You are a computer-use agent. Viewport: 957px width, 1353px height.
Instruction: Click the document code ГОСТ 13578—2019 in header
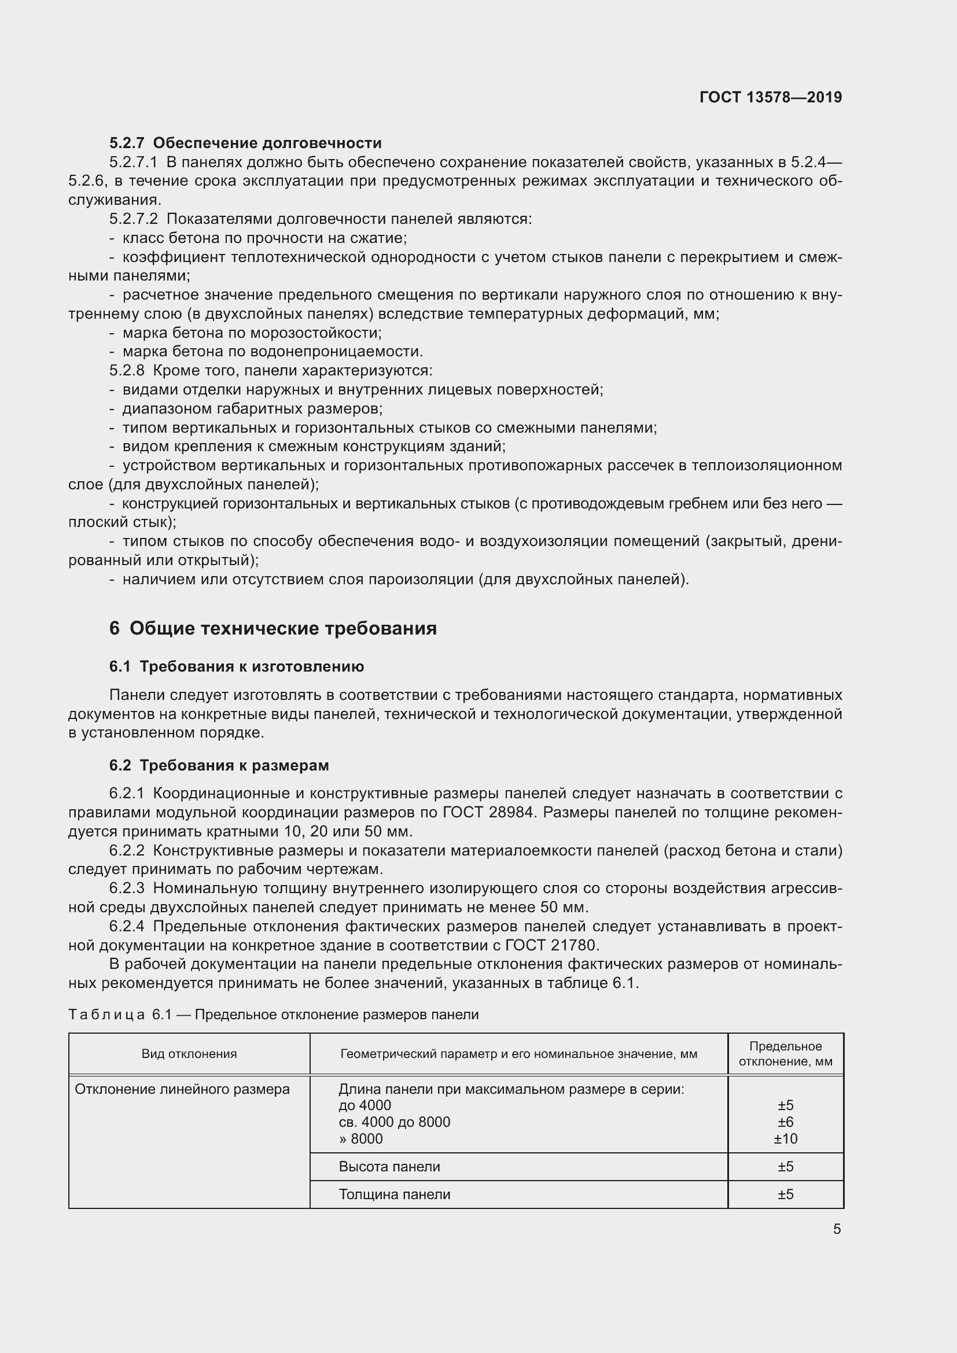tap(770, 97)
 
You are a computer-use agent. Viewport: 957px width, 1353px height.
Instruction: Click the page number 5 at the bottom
tap(837, 1229)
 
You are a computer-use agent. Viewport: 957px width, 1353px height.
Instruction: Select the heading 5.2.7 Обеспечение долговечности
tap(245, 143)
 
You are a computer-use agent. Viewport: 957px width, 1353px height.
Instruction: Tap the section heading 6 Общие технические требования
tap(273, 629)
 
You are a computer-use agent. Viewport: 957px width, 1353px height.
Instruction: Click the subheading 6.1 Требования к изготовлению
tap(236, 666)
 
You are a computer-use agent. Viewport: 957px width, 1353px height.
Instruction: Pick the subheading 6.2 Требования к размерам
tap(219, 765)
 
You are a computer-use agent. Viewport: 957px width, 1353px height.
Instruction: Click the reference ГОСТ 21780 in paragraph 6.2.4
tap(551, 945)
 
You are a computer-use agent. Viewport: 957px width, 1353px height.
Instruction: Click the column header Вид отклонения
tap(189, 1053)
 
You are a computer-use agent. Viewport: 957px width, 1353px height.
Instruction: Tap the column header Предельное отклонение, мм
tap(786, 1053)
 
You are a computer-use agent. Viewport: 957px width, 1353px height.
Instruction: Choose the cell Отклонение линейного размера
tap(182, 1089)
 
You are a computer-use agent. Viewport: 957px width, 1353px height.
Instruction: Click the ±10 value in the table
tap(786, 1138)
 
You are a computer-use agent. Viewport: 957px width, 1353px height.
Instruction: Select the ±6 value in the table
tap(786, 1122)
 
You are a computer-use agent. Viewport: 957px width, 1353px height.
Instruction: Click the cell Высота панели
tap(389, 1166)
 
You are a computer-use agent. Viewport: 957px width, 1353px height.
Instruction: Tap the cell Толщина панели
tap(394, 1194)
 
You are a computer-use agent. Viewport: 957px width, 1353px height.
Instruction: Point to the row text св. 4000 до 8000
tap(394, 1122)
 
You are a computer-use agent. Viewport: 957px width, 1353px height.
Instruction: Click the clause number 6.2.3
tap(127, 888)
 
